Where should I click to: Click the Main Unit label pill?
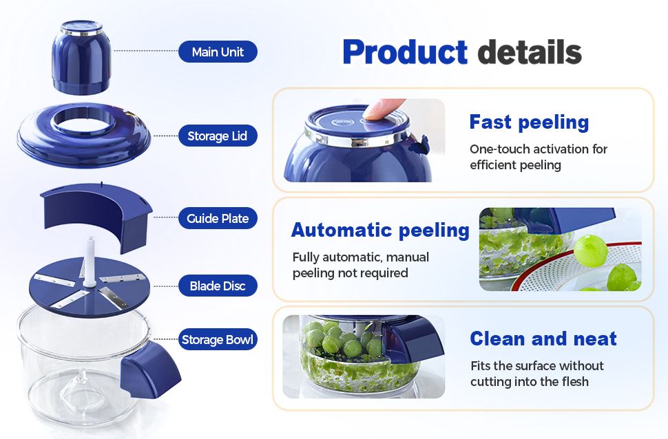[x=218, y=52]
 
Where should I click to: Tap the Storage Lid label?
[x=218, y=136]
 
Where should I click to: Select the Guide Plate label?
[x=218, y=219]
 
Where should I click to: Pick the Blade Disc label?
[x=218, y=286]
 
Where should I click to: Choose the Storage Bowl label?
[x=218, y=340]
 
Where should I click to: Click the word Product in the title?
[x=405, y=52]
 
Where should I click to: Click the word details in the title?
[x=530, y=52]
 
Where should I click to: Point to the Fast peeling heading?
[x=529, y=122]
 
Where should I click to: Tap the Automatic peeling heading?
[x=380, y=230]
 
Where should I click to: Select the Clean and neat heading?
[x=543, y=339]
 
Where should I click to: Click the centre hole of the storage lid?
[x=83, y=120]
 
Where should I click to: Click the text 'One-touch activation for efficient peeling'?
[x=538, y=157]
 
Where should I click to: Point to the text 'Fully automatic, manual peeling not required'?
[x=361, y=265]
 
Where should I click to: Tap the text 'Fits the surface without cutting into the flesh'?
[x=537, y=374]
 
